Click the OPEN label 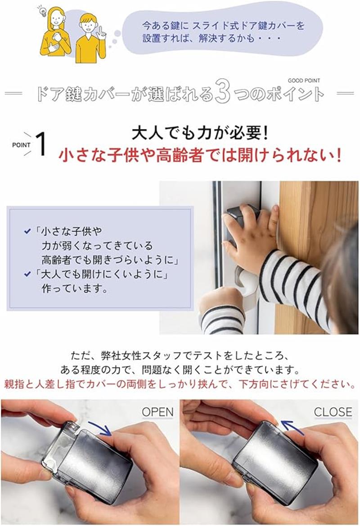coord(157,412)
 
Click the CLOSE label coord(333,412)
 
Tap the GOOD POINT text coord(304,80)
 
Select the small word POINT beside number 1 coord(21,145)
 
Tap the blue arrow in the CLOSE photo coord(292,428)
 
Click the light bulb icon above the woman coord(43,11)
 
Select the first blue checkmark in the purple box coord(28,231)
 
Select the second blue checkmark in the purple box coord(28,274)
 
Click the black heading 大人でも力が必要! coord(200,133)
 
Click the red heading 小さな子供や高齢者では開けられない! coord(200,155)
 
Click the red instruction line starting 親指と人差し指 coord(180,384)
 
